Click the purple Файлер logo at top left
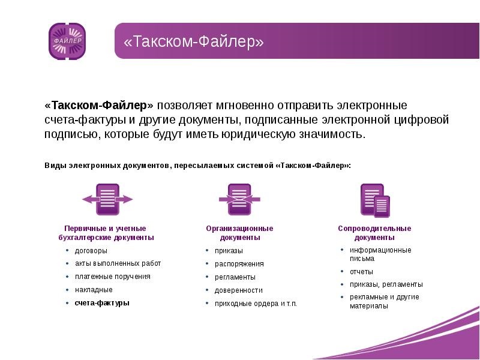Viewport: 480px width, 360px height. coord(67,41)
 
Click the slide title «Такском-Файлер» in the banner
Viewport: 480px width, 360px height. coord(194,43)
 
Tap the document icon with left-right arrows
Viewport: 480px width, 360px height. coord(107,199)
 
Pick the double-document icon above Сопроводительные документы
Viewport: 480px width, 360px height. coord(375,200)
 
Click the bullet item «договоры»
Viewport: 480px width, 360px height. coord(91,251)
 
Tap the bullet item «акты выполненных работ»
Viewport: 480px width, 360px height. coord(118,263)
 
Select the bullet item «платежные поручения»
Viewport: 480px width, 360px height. coord(112,277)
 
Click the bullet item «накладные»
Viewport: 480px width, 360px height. coord(94,290)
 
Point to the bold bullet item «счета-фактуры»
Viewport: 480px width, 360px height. coord(102,303)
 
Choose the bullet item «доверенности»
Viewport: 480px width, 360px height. coord(239,290)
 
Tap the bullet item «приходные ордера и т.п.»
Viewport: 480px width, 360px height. coord(256,304)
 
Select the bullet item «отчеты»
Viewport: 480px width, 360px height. coord(361,272)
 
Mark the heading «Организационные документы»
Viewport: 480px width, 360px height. coord(239,233)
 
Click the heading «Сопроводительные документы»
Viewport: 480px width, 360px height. coord(374,233)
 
